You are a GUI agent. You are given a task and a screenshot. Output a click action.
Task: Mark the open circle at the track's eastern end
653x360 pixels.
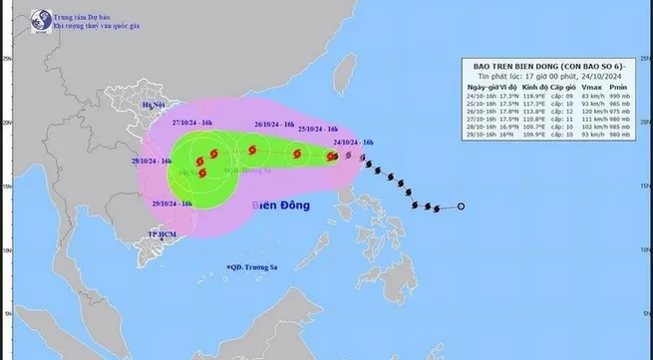[x=462, y=206]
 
